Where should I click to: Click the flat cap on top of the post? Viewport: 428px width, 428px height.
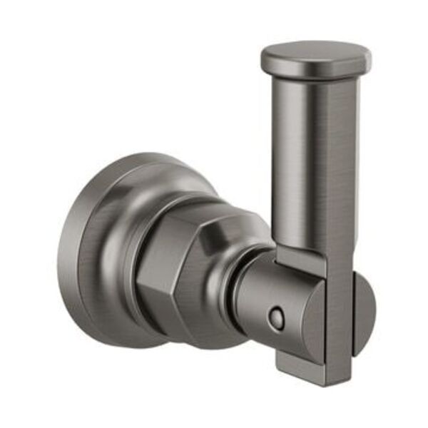(x=315, y=58)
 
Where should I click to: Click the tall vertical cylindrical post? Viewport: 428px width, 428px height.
(x=314, y=157)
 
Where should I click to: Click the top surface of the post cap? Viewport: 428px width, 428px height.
(x=315, y=51)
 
